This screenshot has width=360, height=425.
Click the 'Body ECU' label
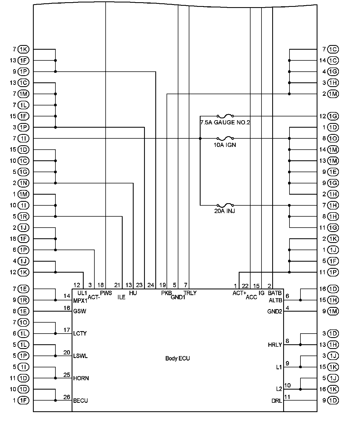pos(178,358)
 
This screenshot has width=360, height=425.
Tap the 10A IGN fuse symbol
pos(225,139)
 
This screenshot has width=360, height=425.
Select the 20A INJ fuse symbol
pos(225,205)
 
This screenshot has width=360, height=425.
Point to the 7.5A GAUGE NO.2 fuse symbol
pos(225,116)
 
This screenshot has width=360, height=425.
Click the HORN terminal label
pos(81,378)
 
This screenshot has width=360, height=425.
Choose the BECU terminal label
pos(80,401)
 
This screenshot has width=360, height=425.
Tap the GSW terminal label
pos(80,311)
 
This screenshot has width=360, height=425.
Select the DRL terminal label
pos(277,401)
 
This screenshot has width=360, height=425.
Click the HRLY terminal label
pos(275,345)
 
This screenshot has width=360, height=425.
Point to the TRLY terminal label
pos(190,293)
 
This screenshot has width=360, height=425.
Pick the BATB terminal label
pos(275,293)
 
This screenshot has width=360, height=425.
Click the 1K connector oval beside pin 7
pos(23,49)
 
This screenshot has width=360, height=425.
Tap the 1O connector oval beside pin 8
pos(333,139)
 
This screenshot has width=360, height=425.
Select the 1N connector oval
pos(23,183)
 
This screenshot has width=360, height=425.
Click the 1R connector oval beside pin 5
pos(23,217)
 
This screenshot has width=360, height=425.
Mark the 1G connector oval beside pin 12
pos(333,116)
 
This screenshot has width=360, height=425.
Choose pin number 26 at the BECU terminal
pos(67,397)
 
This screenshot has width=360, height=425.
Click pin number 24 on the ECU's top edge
pos(151,285)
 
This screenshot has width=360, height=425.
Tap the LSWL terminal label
pos(80,356)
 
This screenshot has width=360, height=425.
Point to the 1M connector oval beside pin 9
pos(333,311)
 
